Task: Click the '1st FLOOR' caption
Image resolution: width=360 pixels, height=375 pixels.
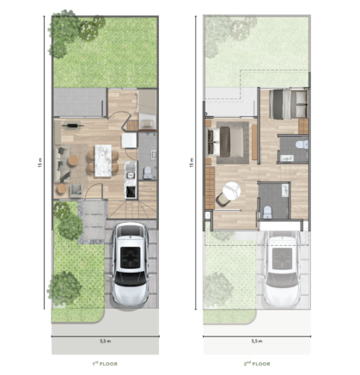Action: [x=105, y=364]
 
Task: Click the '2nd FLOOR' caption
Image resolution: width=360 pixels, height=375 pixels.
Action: [x=257, y=364]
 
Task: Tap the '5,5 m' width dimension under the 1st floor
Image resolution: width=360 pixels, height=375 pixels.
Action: [x=105, y=341]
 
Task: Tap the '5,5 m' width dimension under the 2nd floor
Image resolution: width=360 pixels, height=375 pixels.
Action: [x=257, y=341]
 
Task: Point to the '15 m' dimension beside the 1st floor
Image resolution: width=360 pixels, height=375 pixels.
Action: [x=40, y=163]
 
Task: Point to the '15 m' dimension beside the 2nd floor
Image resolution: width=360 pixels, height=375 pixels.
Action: [x=192, y=163]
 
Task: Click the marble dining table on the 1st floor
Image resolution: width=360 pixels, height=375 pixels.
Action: [x=103, y=161]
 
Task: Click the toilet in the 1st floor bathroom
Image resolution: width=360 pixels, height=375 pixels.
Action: [x=148, y=173]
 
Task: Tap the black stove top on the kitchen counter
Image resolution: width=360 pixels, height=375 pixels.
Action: [x=131, y=192]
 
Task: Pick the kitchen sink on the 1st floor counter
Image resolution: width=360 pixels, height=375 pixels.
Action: [x=131, y=175]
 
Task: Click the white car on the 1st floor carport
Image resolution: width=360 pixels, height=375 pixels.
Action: [x=131, y=265]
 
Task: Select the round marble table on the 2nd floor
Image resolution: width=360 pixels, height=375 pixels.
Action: [x=232, y=190]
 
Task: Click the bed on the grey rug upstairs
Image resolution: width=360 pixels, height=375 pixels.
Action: [x=225, y=142]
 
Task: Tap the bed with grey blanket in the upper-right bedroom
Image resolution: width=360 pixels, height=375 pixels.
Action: [x=288, y=104]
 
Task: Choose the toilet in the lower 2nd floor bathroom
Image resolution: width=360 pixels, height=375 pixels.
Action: [x=267, y=212]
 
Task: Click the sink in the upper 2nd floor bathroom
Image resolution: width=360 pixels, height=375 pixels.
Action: [x=286, y=157]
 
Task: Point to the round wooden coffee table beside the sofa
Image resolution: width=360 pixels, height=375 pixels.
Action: [x=73, y=161]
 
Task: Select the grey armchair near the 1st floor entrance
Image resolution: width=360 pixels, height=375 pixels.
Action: [x=76, y=191]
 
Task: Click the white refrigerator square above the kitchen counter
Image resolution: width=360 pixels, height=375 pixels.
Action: [x=129, y=140]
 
